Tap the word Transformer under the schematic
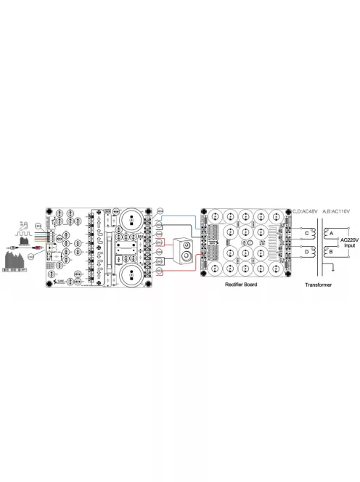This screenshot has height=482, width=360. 318,285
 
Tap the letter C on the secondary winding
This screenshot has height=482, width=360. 306,234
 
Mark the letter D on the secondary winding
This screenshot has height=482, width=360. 306,252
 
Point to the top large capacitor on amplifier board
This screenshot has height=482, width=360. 133,219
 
